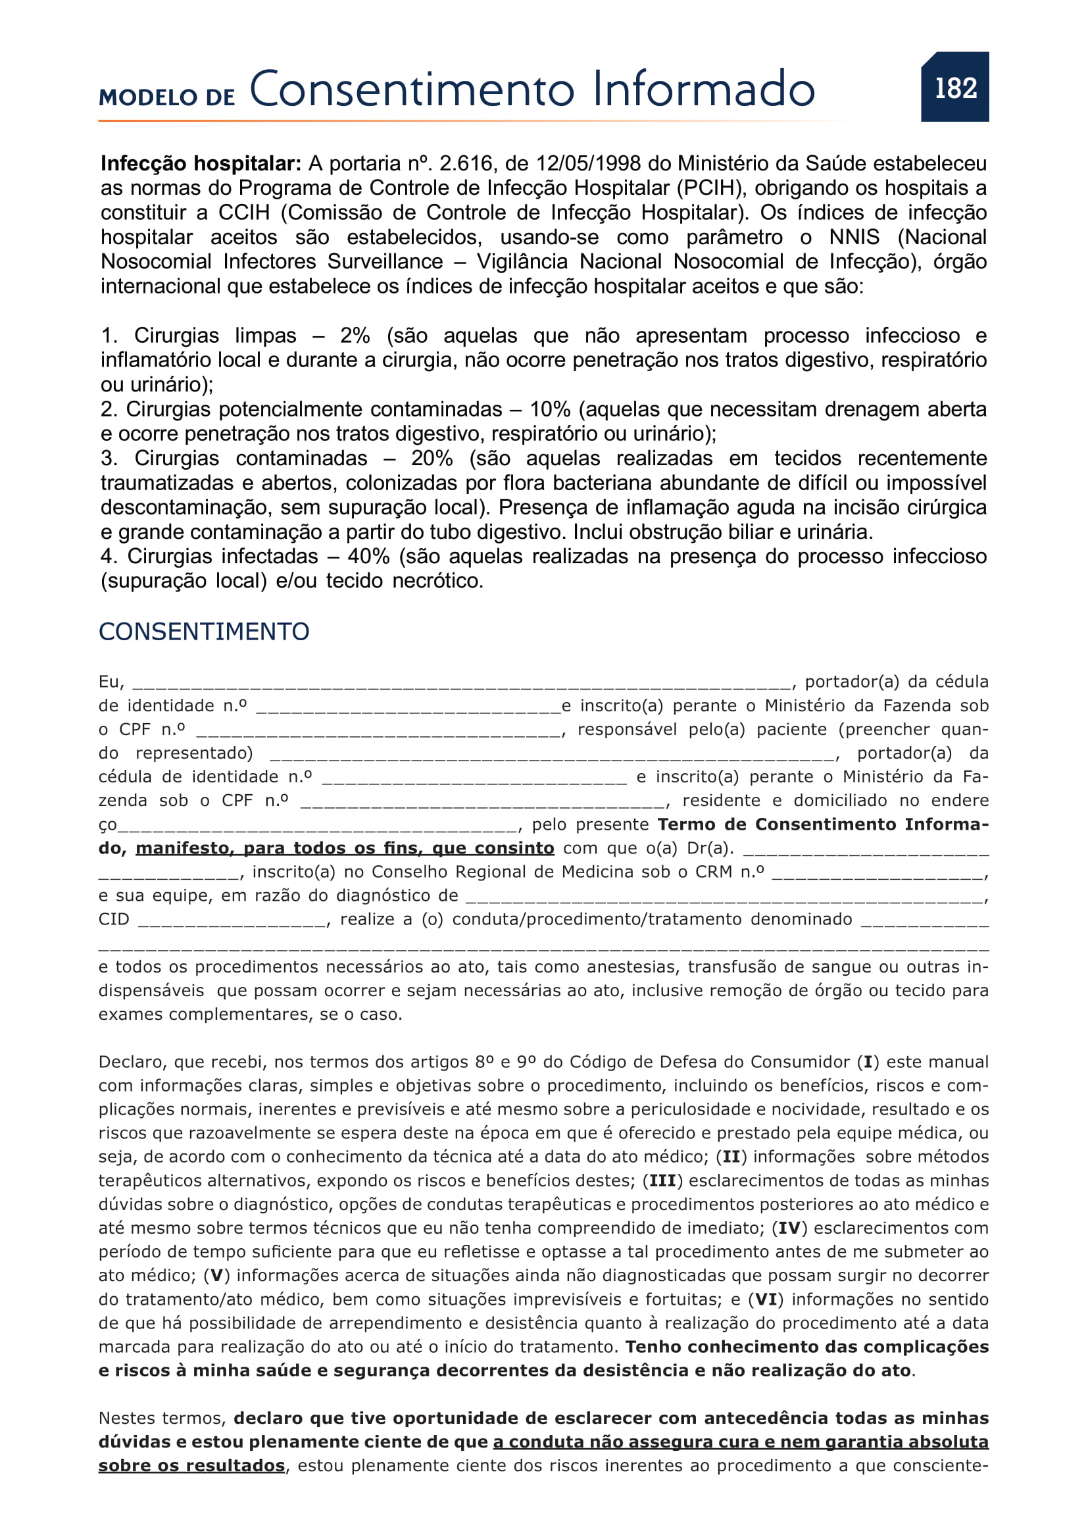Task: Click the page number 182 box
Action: click(x=954, y=87)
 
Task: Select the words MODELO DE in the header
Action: click(x=167, y=98)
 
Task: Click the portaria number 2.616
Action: click(x=466, y=164)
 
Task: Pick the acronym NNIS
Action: click(x=854, y=238)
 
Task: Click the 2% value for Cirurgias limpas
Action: click(x=355, y=335)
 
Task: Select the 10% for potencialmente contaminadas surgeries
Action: click(x=549, y=409)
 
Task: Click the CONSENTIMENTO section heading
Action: click(x=204, y=632)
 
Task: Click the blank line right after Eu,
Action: click(x=462, y=684)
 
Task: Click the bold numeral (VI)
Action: click(x=766, y=1299)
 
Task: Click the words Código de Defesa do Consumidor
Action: click(x=710, y=1062)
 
